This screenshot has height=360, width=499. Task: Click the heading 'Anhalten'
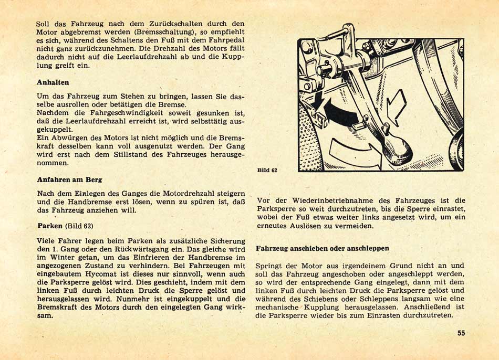(x=53, y=83)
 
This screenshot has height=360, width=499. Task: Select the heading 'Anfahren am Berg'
(x=69, y=179)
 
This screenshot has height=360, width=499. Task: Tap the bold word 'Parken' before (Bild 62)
(x=50, y=226)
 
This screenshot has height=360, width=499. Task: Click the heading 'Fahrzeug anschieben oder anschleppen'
(x=323, y=247)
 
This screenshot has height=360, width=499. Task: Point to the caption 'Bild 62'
(x=267, y=170)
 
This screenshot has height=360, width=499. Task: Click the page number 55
(x=461, y=333)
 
